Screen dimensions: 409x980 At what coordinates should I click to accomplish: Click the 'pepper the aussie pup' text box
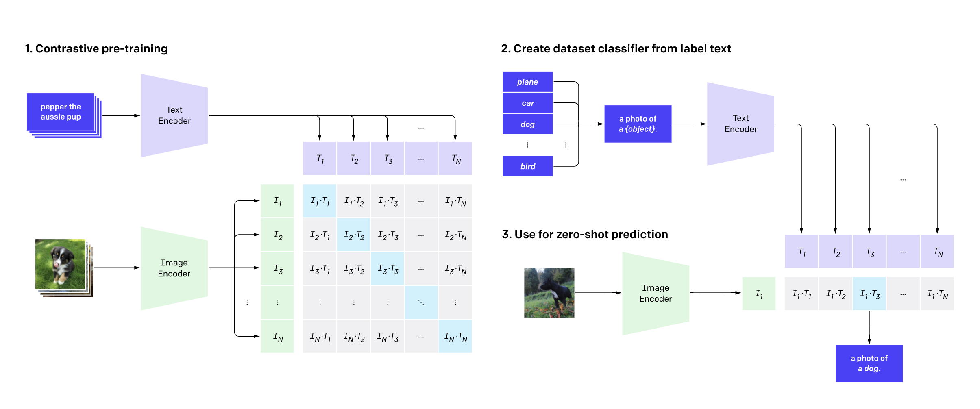61,112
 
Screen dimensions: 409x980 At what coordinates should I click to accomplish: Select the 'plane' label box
527,82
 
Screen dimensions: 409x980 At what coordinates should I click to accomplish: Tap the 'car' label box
527,103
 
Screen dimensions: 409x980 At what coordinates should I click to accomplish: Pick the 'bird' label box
527,166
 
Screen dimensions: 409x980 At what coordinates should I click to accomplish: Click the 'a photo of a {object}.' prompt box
638,124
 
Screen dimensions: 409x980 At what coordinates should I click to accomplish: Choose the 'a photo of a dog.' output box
869,363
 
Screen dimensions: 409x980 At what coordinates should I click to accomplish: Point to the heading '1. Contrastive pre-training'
96,49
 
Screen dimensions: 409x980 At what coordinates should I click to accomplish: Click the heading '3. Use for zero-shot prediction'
585,235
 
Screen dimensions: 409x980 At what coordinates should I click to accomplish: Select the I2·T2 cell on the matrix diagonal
354,235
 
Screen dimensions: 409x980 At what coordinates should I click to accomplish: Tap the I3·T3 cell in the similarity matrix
388,269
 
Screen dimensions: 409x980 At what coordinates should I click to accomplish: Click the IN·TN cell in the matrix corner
455,337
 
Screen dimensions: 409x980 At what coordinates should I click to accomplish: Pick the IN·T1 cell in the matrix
320,337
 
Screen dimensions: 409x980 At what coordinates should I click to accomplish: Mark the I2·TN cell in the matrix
455,235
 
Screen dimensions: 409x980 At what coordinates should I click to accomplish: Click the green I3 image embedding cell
277,269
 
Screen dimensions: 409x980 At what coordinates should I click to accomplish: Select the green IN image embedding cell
277,337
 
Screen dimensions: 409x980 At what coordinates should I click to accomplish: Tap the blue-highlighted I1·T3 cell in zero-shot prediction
869,294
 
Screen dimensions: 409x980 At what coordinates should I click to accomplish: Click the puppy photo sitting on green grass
61,265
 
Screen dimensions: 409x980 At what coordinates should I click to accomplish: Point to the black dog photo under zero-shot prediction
549,293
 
